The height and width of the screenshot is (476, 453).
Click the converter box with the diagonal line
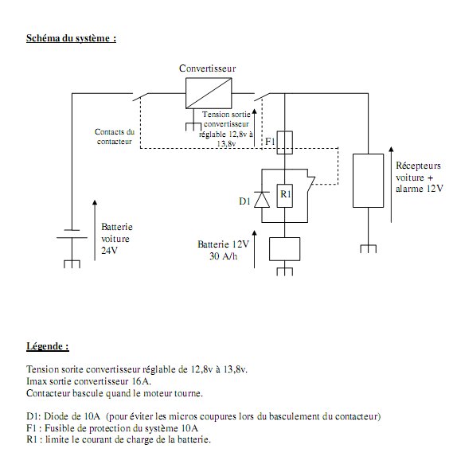click(209, 93)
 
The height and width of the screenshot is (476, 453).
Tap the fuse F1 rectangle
click(285, 142)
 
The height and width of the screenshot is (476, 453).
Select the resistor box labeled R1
click(285, 196)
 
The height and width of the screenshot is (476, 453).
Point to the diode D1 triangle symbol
click(262, 200)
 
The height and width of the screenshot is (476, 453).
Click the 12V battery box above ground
click(285, 249)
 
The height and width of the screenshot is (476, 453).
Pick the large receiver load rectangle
click(368, 181)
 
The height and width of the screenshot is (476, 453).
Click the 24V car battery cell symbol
click(72, 234)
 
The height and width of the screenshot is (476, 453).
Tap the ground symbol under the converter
click(193, 127)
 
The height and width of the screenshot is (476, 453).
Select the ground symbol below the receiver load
click(369, 248)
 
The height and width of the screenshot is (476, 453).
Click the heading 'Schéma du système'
click(71, 38)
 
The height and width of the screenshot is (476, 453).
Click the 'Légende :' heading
click(48, 346)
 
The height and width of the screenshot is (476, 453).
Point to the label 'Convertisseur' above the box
click(207, 68)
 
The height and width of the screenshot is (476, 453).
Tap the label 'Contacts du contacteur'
click(115, 136)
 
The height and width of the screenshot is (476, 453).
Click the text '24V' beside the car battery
click(109, 251)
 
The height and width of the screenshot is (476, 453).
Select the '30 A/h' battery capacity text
click(223, 256)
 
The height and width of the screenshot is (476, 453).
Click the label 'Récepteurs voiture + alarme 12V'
click(420, 177)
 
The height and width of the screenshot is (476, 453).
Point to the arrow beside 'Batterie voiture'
click(95, 230)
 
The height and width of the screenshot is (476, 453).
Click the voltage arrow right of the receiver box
click(391, 185)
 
